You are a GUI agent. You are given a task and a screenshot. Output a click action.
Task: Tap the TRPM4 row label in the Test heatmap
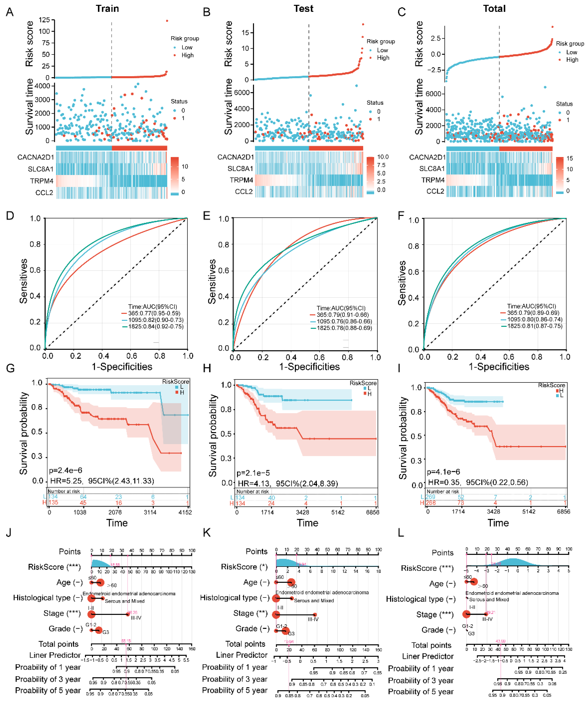coord(241,180)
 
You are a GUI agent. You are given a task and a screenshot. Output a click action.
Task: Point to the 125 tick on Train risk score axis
coord(44,20)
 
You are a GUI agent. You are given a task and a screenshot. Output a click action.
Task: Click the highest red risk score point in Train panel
coord(167,21)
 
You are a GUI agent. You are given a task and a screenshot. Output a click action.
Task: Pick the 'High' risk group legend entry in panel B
coord(383,58)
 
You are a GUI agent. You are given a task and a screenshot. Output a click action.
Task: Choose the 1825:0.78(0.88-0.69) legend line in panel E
coord(344,328)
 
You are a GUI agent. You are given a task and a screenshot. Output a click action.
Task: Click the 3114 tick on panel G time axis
coord(150,512)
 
